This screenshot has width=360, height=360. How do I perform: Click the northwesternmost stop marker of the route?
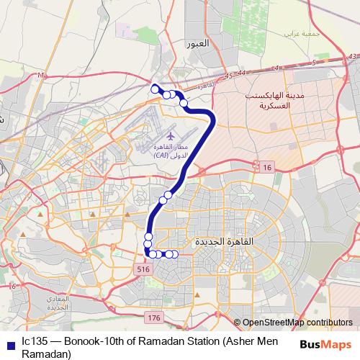(x=153, y=89)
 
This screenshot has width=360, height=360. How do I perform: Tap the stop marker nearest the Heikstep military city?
(x=184, y=103)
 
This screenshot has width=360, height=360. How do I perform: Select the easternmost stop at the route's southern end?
(x=174, y=253)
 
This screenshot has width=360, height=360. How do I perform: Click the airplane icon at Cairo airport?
(x=171, y=135)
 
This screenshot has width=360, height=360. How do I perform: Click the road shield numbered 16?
(x=268, y=167)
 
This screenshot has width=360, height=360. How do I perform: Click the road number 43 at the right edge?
(x=351, y=55)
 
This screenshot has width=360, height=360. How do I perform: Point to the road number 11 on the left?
(x=41, y=75)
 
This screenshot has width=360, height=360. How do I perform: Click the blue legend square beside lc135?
(x=9, y=343)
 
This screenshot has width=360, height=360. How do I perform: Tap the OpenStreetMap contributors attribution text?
(x=297, y=323)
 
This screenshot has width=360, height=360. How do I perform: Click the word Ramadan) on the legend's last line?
(x=46, y=354)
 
